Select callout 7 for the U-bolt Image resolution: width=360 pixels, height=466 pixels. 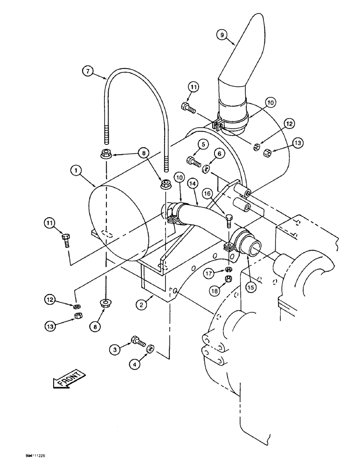tap(87, 72)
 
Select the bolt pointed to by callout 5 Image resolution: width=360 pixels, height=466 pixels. tap(194, 162)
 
